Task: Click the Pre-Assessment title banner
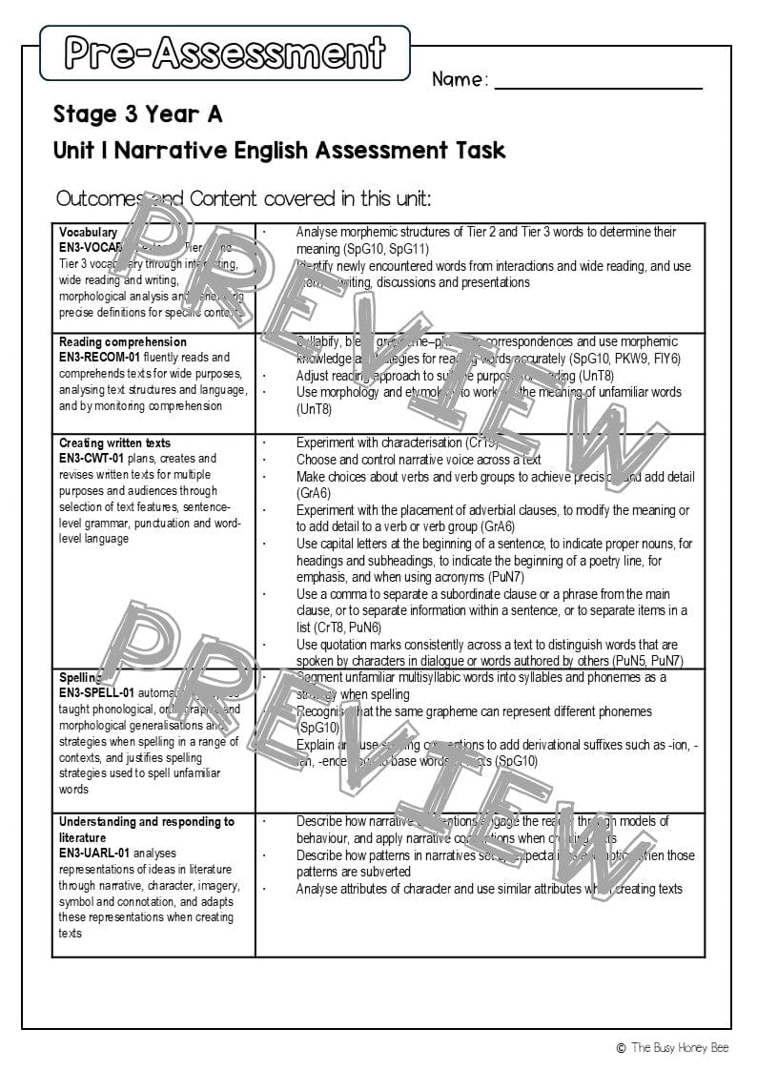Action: [x=225, y=52]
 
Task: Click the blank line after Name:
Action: [x=598, y=84]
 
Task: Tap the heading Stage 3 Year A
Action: [x=137, y=114]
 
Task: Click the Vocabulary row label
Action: [x=88, y=232]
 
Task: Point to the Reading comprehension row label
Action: [x=122, y=341]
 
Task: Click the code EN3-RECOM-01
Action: [x=99, y=358]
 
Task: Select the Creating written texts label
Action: [x=114, y=442]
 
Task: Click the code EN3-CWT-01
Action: [x=92, y=459]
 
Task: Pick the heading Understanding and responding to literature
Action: [x=146, y=829]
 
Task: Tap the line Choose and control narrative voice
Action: [x=418, y=460]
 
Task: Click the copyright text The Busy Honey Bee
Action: [x=678, y=1047]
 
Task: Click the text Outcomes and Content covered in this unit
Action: [x=243, y=198]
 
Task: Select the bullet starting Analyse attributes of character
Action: [x=488, y=889]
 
